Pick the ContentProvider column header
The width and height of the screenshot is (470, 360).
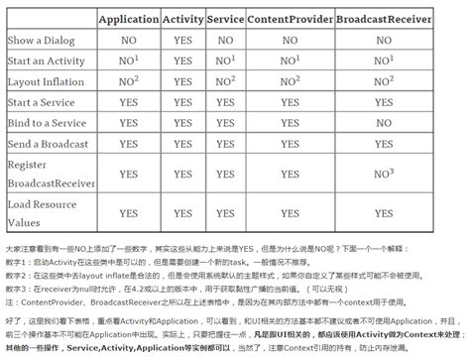[x=289, y=19]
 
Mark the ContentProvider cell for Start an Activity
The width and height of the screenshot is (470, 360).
[x=289, y=60]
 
